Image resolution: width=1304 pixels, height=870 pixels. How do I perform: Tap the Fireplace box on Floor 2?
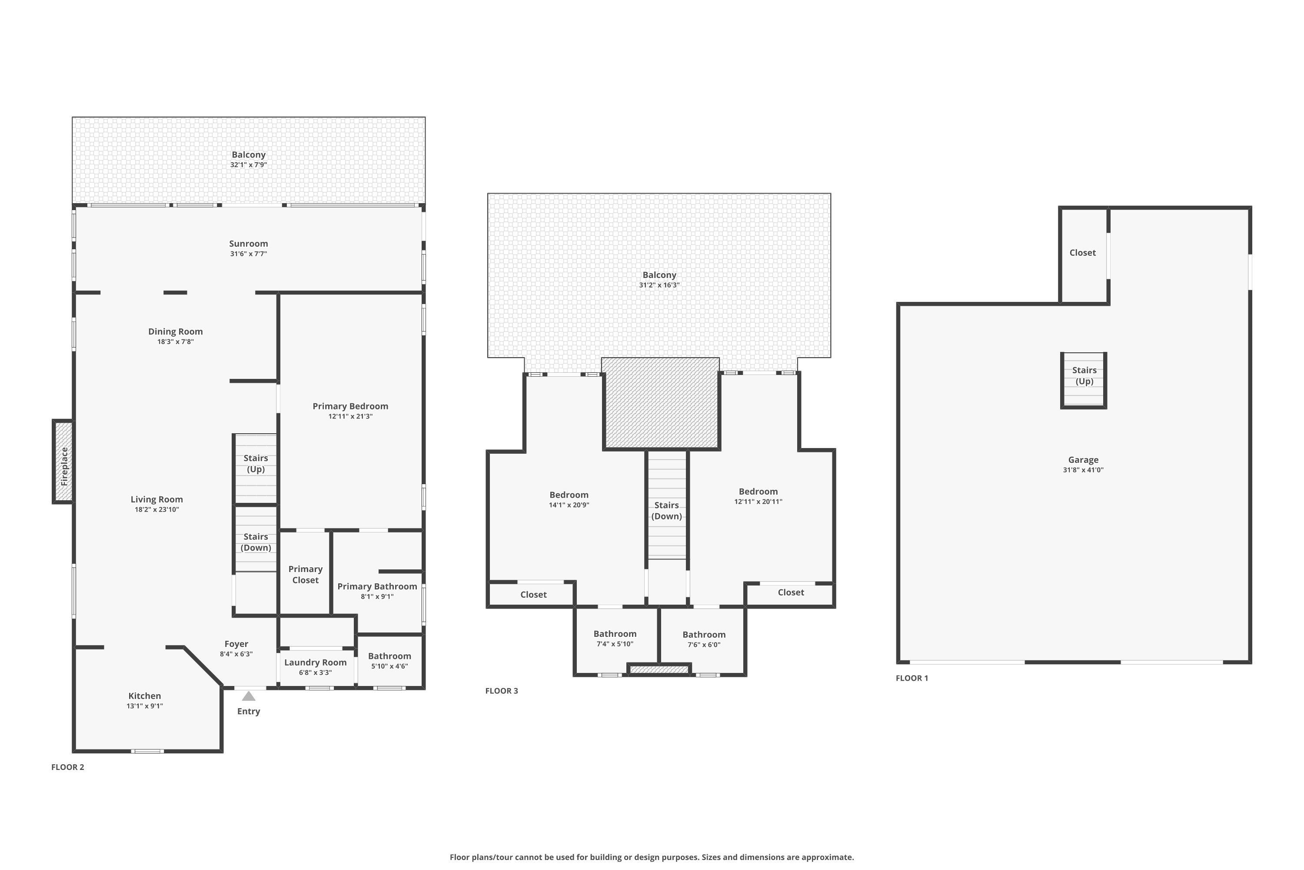[63, 462]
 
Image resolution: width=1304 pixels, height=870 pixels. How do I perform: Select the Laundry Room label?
[316, 663]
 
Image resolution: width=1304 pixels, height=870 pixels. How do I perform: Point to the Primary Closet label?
[306, 574]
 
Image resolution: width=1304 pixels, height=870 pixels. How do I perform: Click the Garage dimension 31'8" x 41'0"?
[1083, 470]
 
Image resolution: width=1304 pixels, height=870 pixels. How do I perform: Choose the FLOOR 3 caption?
[501, 691]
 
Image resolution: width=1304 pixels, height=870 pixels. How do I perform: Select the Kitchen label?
[145, 696]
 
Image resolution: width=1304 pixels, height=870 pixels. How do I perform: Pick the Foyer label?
[236, 644]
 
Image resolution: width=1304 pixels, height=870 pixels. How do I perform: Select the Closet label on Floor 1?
[1082, 252]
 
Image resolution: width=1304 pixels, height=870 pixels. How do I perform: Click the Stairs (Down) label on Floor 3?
[666, 510]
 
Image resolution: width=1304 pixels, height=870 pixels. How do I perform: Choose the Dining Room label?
[175, 331]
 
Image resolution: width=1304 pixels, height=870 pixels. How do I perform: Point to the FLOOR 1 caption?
[911, 678]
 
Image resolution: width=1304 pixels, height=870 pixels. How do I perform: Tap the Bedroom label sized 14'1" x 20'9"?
[569, 495]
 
